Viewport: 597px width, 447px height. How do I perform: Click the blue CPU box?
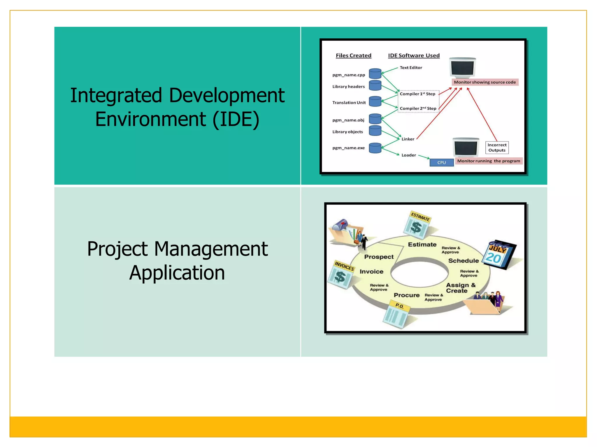(442, 162)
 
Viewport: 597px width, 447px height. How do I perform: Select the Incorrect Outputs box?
(497, 148)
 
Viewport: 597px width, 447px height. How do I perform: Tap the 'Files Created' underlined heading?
(353, 56)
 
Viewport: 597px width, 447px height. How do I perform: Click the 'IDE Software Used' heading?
(414, 56)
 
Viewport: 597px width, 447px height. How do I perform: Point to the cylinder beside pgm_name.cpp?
(375, 74)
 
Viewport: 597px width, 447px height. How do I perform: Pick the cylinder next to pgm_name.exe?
(375, 148)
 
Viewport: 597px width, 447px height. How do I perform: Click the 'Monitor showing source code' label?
(485, 82)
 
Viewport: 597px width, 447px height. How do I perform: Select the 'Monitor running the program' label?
(489, 161)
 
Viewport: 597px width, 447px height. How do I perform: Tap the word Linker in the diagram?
(408, 139)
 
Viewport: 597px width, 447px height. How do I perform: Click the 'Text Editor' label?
(411, 68)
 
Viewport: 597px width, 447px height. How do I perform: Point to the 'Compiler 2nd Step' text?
(418, 108)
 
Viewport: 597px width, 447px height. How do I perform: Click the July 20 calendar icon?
(498, 255)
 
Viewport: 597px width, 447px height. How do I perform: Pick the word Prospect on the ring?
(379, 257)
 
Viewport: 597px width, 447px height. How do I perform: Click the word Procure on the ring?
(407, 295)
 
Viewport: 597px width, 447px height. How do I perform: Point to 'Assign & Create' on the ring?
(460, 288)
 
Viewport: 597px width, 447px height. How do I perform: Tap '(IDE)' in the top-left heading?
(236, 119)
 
